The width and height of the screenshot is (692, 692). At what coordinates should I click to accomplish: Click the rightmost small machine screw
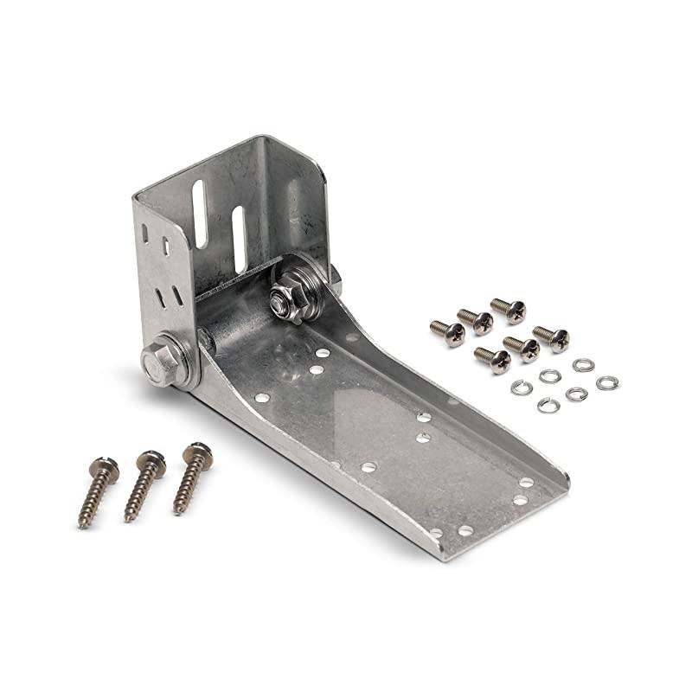pyautogui.click(x=551, y=336)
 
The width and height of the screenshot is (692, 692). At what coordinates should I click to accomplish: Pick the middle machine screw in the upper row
pyautogui.click(x=476, y=321)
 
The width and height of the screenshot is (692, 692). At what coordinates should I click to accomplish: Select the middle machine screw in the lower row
pyautogui.click(x=523, y=348)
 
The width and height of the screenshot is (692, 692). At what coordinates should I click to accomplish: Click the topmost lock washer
pyautogui.click(x=581, y=365)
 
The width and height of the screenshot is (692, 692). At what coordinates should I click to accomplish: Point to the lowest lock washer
pyautogui.click(x=548, y=404)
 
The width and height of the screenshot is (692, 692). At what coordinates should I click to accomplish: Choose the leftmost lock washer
pyautogui.click(x=521, y=387)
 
